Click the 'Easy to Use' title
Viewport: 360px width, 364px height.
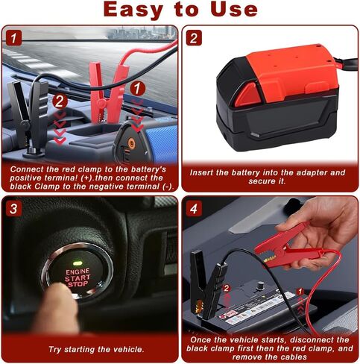point(180,10)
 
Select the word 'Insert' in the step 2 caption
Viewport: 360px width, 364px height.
point(205,173)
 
